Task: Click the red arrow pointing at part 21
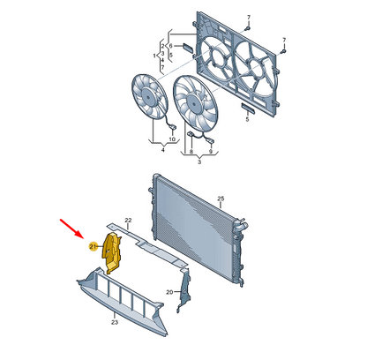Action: [x=71, y=229]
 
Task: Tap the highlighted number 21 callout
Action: [x=94, y=246]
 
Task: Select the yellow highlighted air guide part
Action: [x=112, y=251]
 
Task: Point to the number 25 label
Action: [x=221, y=199]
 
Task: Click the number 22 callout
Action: [x=128, y=220]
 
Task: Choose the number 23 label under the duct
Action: [x=115, y=322]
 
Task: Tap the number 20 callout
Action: [x=169, y=292]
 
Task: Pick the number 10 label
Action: [x=172, y=139]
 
